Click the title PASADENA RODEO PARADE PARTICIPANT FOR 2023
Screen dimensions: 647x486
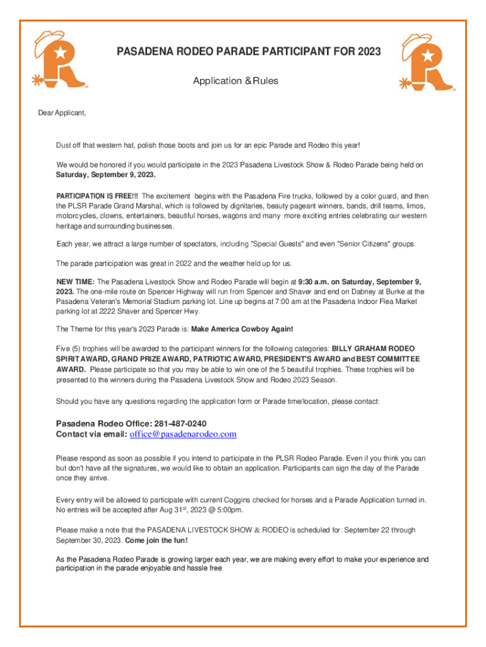pos(249,52)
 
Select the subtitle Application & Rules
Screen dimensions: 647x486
pos(235,81)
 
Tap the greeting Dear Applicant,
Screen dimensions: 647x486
pos(61,113)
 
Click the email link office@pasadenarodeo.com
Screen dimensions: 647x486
pos(183,434)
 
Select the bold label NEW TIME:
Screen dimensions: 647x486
pos(75,281)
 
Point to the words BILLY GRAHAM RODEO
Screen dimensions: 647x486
pos(373,348)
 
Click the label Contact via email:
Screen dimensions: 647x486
pos(92,434)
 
